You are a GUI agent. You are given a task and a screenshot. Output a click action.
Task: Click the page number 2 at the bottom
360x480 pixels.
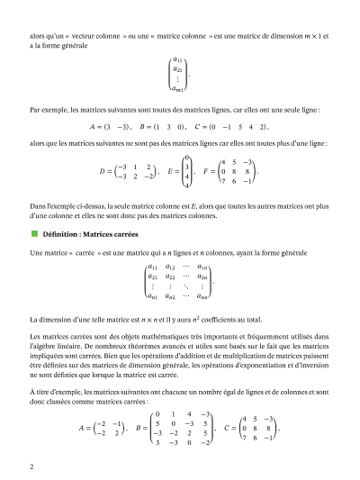click(x=31, y=466)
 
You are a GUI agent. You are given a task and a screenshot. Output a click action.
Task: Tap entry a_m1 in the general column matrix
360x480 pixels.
click(x=178, y=88)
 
